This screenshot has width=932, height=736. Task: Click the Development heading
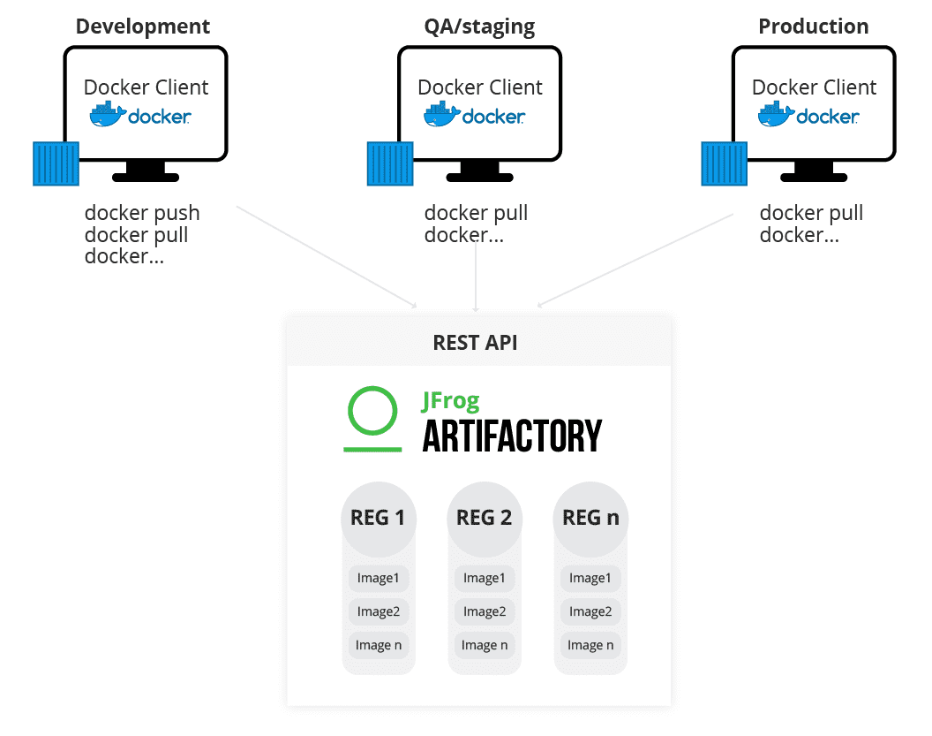point(143,26)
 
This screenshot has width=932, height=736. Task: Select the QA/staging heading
point(479,26)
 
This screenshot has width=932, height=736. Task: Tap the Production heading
point(813,26)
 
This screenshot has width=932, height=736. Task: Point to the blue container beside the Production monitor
point(724,163)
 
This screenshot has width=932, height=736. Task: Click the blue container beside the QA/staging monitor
point(390,163)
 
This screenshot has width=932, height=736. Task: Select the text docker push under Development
point(142,213)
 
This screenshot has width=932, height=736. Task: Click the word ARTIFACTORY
point(512,436)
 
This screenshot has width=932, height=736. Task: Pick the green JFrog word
point(450,401)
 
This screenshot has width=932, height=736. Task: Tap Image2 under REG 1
point(379,611)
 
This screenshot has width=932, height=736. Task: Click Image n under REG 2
point(485,645)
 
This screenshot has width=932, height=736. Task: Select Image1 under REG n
point(590,579)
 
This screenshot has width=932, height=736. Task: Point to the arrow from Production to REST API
point(635,261)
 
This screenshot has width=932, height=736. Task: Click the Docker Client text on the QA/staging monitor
point(479,87)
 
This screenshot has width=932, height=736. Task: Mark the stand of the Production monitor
point(813,171)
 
